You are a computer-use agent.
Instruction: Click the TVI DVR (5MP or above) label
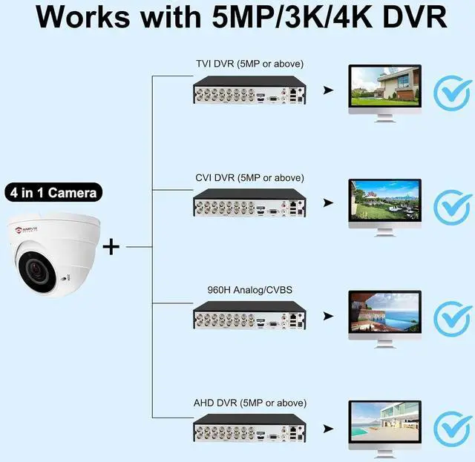point(249,63)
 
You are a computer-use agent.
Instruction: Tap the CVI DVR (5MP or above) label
point(249,178)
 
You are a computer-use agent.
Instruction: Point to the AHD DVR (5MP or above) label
point(249,403)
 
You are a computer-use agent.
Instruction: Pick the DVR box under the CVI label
point(249,205)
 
